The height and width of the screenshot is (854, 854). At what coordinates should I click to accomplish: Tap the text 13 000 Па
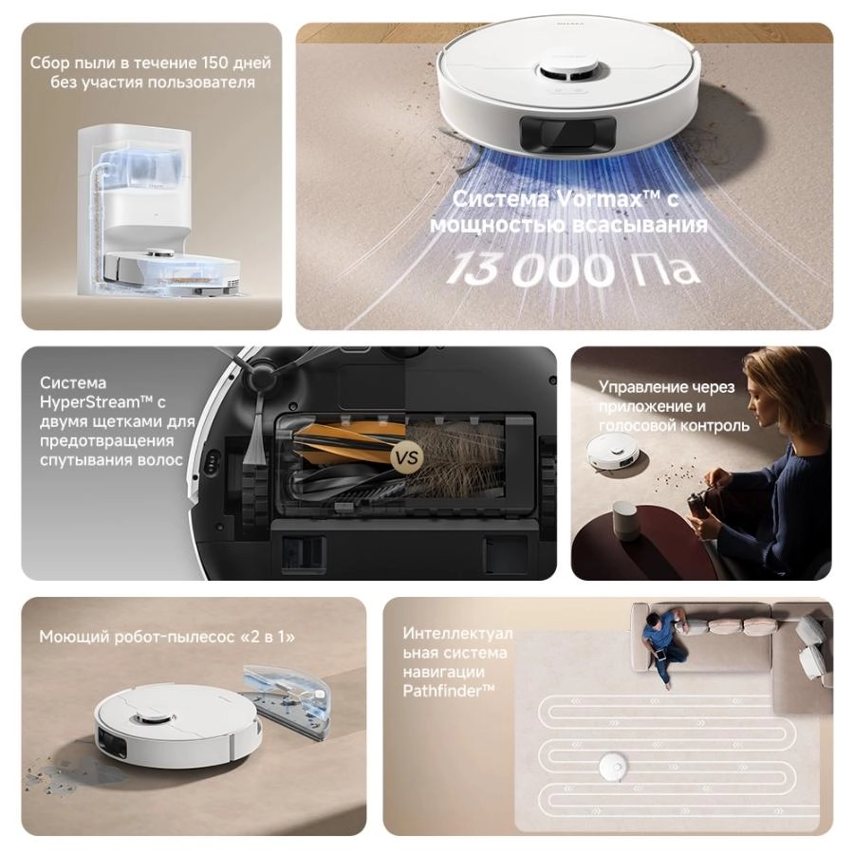574,269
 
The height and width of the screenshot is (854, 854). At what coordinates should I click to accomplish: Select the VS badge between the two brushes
406,457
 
